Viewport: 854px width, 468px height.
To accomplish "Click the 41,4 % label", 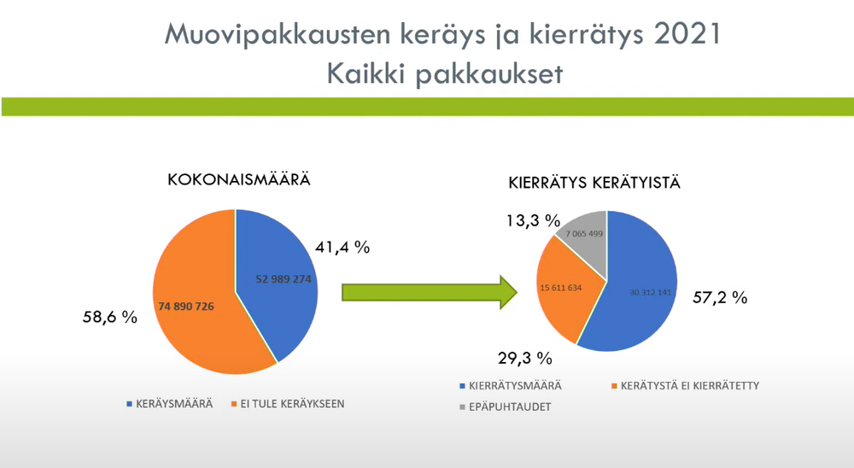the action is pos(342,248).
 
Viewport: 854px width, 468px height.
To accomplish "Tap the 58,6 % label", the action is pos(110,317).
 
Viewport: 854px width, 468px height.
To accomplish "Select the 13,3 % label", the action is pos(533,220).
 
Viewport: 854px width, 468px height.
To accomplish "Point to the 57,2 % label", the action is pos(720,297).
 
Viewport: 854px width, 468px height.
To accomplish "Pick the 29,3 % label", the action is pos(525,358).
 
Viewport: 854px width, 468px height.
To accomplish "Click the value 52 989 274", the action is pos(284,279).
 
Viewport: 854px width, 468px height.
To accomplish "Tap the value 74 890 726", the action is pos(185,307).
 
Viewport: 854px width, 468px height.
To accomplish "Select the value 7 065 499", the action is pos(584,234).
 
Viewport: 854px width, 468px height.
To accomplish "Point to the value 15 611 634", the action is pos(561,288).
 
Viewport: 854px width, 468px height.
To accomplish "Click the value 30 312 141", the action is pos(650,293).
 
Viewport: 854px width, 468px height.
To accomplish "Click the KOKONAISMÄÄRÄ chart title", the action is pos(238,179).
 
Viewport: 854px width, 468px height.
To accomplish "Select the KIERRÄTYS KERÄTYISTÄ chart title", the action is pos(594,183).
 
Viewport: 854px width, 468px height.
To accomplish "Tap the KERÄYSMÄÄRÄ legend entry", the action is pos(169,404).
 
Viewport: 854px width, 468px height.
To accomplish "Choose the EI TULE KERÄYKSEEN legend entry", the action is pos(288,404).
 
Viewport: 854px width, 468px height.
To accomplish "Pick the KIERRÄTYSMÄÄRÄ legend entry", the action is pos(511,386).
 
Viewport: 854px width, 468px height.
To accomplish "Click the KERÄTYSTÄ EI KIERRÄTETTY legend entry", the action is pos(685,386).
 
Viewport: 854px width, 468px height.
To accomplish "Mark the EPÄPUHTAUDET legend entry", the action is pos(505,407).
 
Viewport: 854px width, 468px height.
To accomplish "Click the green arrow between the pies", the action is pos(430,293).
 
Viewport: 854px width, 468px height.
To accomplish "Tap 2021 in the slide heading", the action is pos(687,34).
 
